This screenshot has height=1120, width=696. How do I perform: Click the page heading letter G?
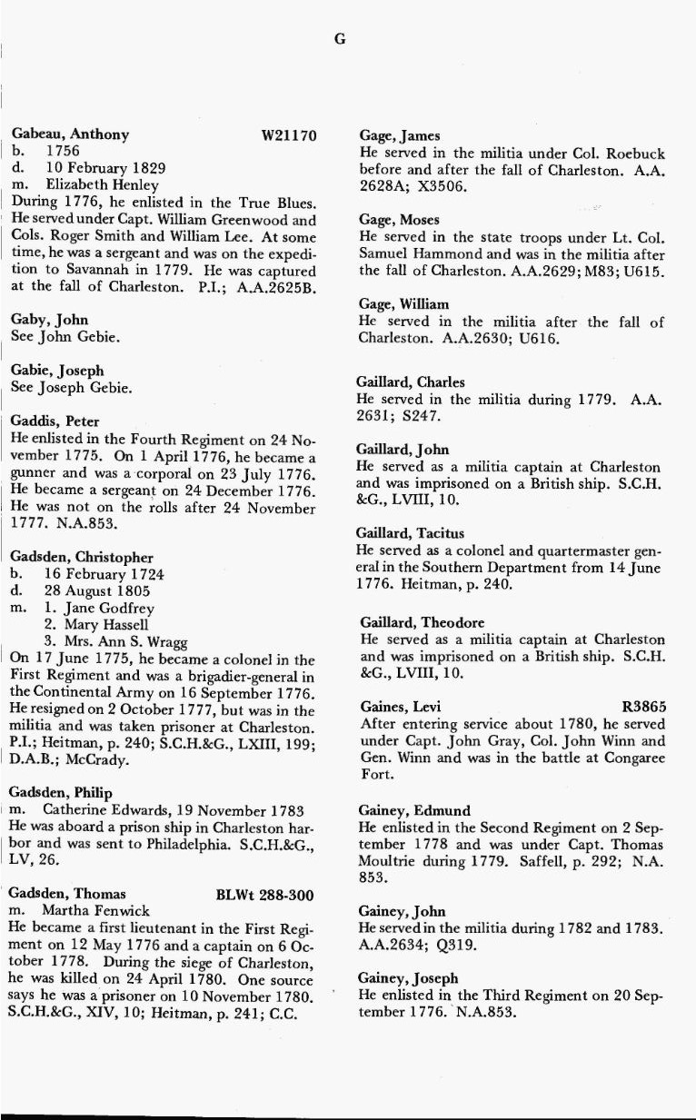click(x=340, y=39)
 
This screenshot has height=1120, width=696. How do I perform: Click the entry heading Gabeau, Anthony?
click(x=70, y=135)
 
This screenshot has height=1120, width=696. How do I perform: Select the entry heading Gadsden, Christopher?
click(x=82, y=558)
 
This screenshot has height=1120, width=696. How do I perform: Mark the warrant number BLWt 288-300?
click(x=265, y=895)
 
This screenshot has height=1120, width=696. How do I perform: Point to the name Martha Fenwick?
click(x=92, y=911)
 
